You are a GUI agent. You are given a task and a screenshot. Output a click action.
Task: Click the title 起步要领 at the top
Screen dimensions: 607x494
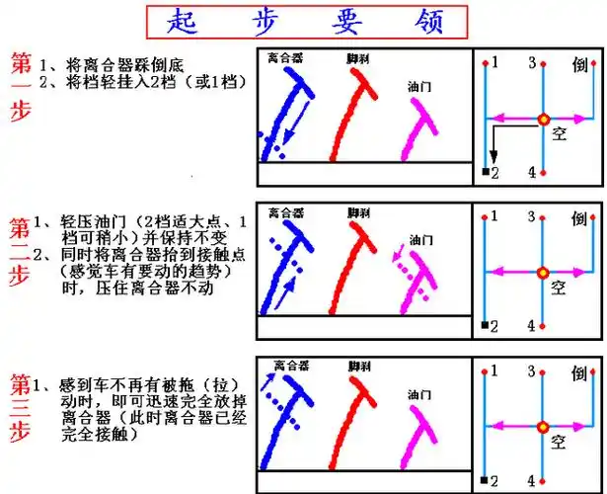click(x=302, y=21)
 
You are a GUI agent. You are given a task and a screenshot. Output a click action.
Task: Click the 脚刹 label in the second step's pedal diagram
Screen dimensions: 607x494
click(x=358, y=212)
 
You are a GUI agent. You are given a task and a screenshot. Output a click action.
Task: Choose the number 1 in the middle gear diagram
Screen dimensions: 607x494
click(x=494, y=216)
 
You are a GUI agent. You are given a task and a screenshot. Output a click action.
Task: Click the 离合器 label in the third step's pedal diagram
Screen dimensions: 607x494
click(x=291, y=365)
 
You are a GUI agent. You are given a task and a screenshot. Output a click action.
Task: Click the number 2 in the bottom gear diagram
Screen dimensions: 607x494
click(x=494, y=480)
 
